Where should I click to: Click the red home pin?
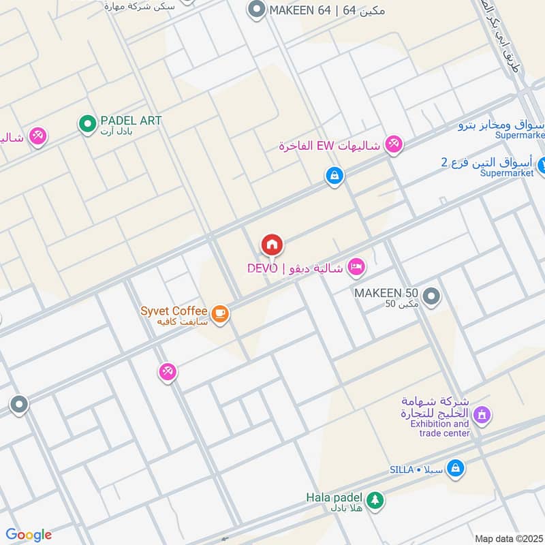click(x=272, y=245)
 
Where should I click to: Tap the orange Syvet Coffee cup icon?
click(x=219, y=313)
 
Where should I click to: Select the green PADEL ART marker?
click(x=87, y=124)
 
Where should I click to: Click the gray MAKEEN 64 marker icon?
click(x=256, y=10)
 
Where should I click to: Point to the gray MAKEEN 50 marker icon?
click(x=431, y=296)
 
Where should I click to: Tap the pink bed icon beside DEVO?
click(x=355, y=267)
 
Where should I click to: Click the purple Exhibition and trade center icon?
click(x=482, y=414)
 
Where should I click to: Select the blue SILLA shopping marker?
click(x=456, y=468)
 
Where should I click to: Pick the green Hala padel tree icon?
click(x=374, y=501)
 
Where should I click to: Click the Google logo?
click(x=28, y=535)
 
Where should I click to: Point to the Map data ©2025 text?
click(x=508, y=539)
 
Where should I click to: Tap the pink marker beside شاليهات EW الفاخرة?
click(x=392, y=144)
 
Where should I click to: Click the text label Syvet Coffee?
click(x=174, y=311)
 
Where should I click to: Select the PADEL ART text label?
click(x=131, y=121)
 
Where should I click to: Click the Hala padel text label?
click(x=333, y=497)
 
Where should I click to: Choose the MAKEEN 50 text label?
click(x=386, y=292)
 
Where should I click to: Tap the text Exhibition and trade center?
click(x=439, y=428)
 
